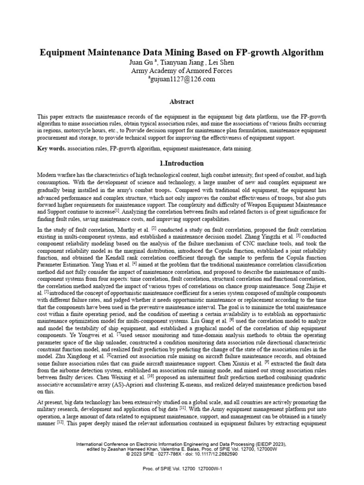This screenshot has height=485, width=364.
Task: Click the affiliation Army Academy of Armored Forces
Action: point(182,71)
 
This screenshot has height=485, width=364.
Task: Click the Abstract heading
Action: point(182,101)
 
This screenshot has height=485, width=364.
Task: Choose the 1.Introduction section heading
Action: point(182,163)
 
